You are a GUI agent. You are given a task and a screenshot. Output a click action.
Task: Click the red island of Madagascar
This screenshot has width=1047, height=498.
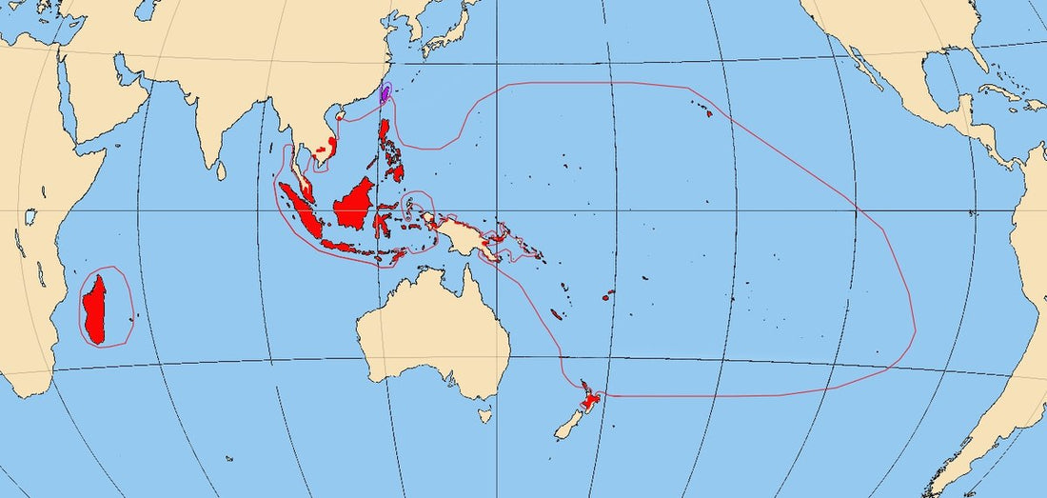pyautogui.click(x=96, y=309)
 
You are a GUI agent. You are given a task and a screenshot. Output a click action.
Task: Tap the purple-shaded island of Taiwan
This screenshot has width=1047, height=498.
pyautogui.click(x=385, y=94)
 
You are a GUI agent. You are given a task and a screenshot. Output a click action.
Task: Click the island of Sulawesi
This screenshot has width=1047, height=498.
pyautogui.click(x=384, y=224)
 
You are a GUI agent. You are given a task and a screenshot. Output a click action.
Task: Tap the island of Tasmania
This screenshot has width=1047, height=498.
pyautogui.click(x=485, y=415)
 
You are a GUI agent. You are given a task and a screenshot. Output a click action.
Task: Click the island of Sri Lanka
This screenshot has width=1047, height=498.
pyautogui.click(x=221, y=169)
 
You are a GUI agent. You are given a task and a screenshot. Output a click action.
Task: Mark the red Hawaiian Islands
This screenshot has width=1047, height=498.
pyautogui.click(x=708, y=112)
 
